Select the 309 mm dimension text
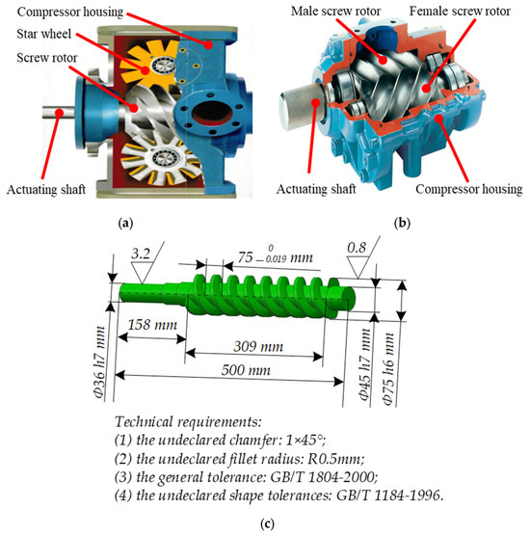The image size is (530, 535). [253, 345]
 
